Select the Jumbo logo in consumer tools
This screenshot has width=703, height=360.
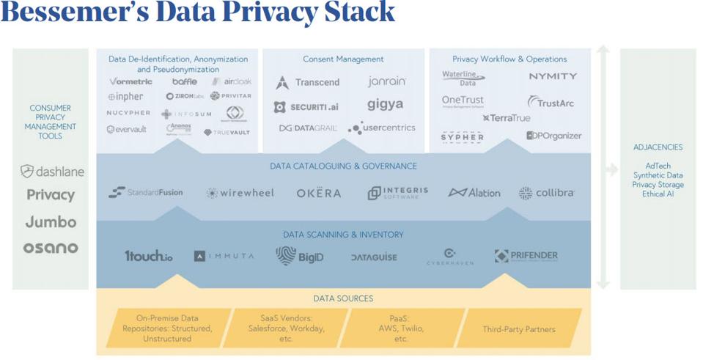click(51, 221)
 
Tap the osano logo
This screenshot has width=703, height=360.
click(51, 248)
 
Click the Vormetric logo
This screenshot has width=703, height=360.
click(131, 81)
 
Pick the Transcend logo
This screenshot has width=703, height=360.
click(308, 83)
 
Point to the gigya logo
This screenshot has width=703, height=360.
click(386, 104)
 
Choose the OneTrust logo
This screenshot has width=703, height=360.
click(463, 101)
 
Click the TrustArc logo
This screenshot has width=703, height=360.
click(551, 103)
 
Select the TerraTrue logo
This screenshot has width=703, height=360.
click(507, 118)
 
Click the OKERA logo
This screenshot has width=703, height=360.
click(319, 193)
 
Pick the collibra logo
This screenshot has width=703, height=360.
click(546, 193)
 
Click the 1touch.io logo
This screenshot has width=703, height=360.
click(149, 256)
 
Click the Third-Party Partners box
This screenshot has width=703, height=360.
click(518, 329)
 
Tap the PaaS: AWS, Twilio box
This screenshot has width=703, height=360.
click(400, 328)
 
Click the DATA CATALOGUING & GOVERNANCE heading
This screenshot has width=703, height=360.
click(343, 166)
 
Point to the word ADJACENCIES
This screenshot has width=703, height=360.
click(658, 147)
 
